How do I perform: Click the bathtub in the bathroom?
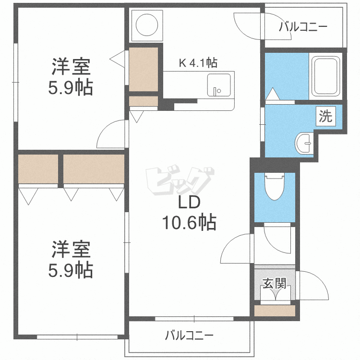tap(326, 77)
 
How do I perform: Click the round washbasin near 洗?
tap(304, 142)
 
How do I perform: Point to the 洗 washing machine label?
tap(325, 117)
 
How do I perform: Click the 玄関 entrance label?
tap(274, 284)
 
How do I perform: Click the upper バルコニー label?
tap(303, 27)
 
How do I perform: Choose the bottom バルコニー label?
tap(189, 335)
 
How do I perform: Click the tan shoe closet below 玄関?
tap(275, 311)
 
